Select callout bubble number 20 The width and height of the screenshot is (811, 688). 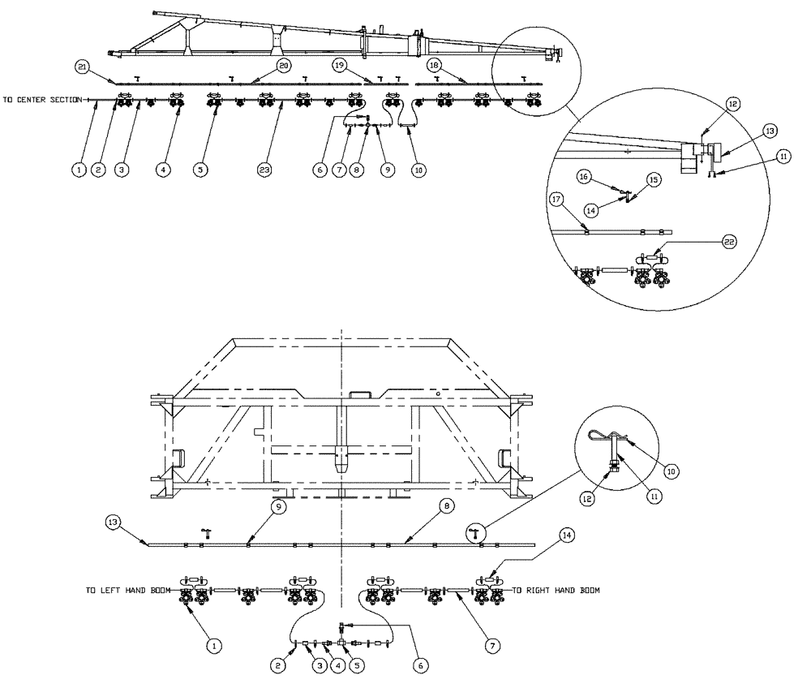point(283,64)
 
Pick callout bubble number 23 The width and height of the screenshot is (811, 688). point(264,170)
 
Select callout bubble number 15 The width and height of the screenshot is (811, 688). point(654,178)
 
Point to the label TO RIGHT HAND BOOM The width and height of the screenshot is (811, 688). point(556,591)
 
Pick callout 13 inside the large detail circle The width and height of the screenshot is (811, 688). point(770,130)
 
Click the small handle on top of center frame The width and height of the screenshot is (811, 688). point(359,394)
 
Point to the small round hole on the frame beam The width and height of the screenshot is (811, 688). point(437,394)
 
